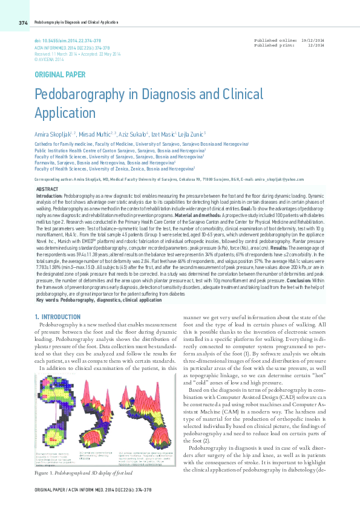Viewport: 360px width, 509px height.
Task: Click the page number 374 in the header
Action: coord(22,22)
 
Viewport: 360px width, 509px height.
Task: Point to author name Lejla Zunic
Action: coord(192,133)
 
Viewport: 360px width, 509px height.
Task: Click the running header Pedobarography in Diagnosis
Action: coord(76,22)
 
